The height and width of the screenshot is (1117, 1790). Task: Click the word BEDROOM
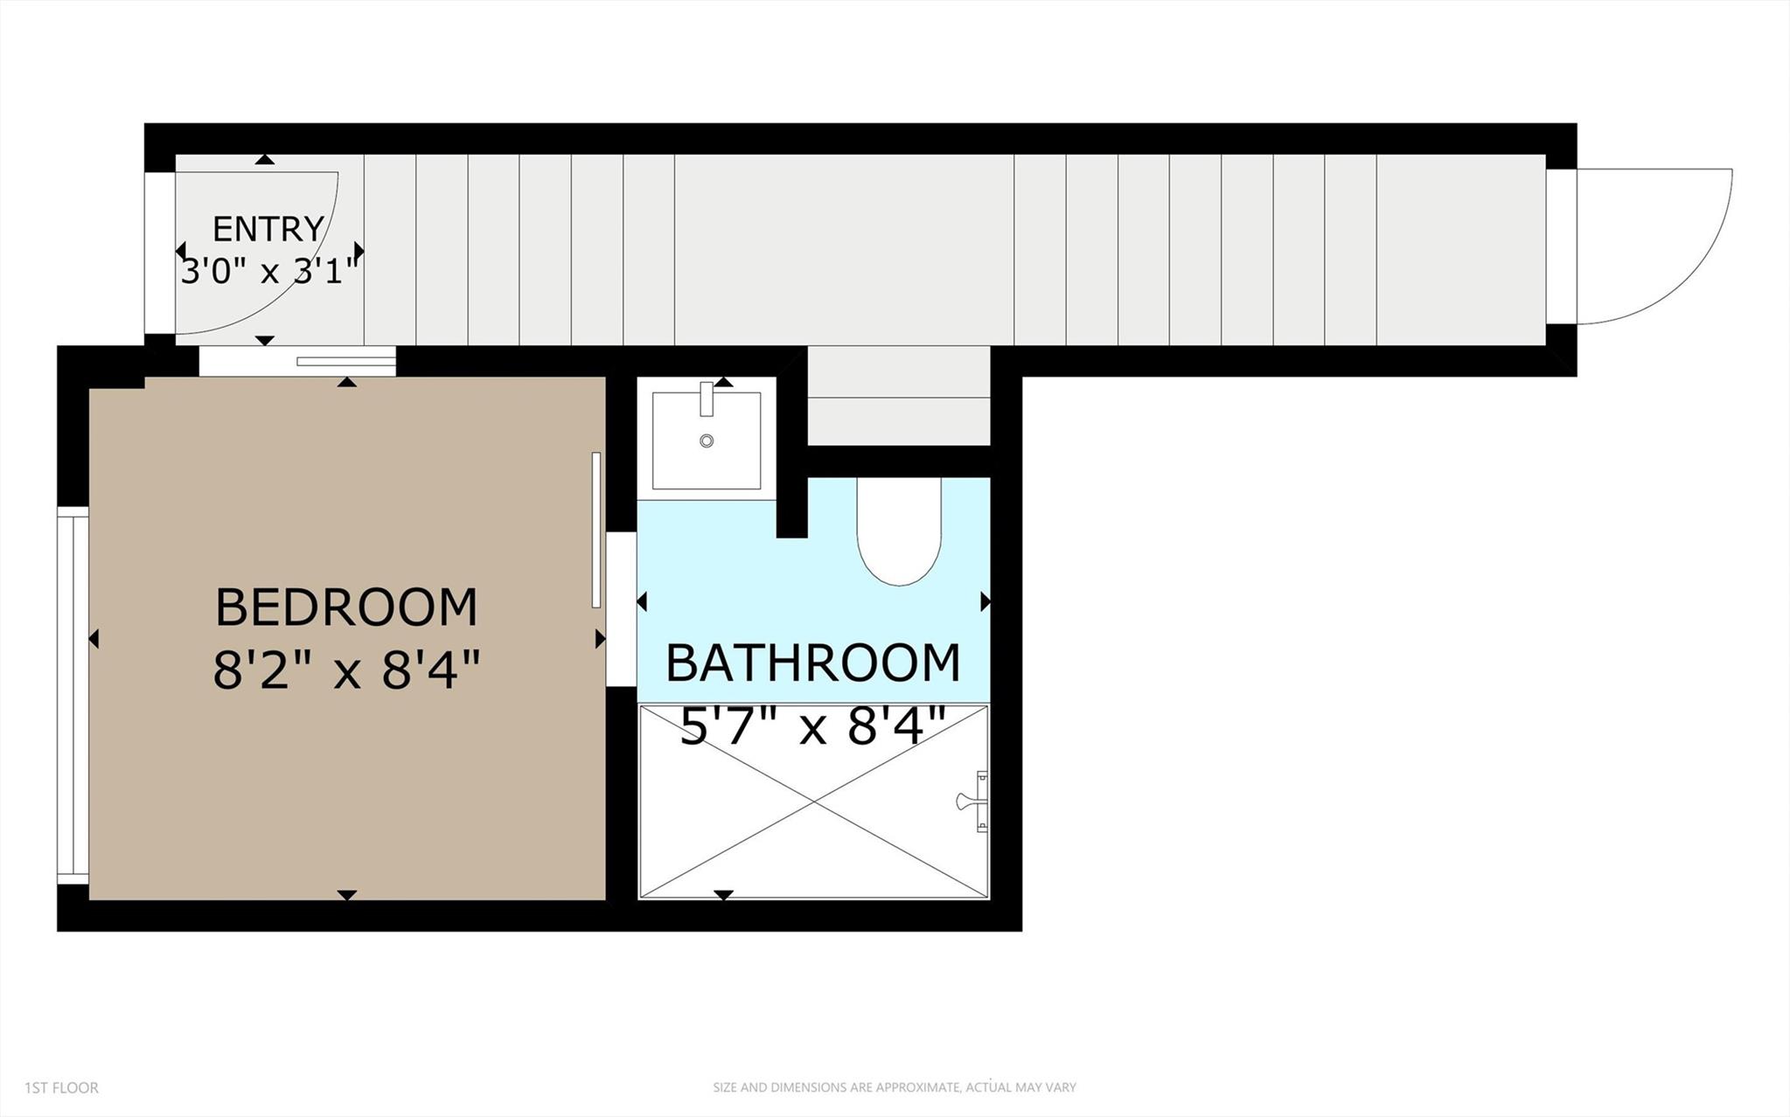[346, 607]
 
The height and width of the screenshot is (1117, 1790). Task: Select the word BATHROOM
[813, 663]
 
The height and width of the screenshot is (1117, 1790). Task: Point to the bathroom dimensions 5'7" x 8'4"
[813, 727]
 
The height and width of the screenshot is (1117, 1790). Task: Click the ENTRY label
[268, 229]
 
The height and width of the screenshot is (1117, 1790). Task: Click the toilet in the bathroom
[899, 533]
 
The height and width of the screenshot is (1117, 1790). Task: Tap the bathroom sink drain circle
[707, 441]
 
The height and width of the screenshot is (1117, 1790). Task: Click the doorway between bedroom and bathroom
[622, 609]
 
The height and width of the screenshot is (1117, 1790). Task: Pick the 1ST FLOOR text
[61, 1087]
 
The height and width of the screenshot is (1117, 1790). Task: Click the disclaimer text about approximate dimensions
[894, 1087]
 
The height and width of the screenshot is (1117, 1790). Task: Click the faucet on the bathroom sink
[707, 399]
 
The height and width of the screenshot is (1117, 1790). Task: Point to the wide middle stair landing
[844, 250]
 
